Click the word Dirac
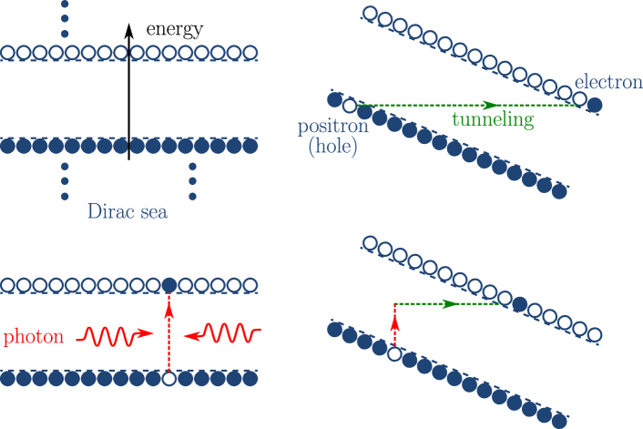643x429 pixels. [107, 212]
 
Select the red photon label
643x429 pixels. [33, 337]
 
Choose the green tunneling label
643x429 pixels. [492, 119]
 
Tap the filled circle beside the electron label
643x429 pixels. [594, 106]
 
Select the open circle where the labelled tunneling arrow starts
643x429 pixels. [348, 106]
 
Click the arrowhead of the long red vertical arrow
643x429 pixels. [168, 312]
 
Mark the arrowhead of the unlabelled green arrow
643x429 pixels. [448, 303]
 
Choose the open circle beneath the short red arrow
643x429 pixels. [394, 352]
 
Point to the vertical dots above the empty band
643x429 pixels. [65, 19]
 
